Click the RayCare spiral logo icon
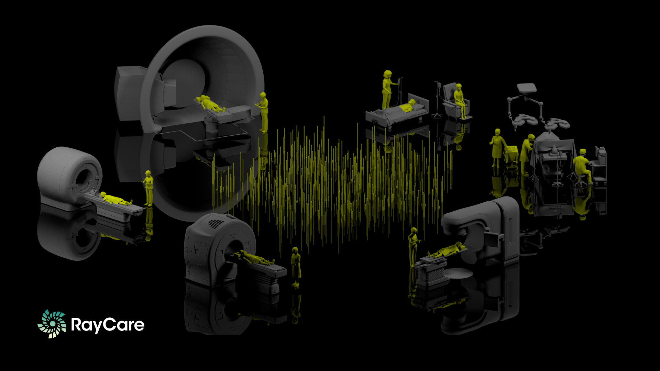[52, 324]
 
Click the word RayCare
[108, 325]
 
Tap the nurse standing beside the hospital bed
[388, 89]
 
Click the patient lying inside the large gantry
[210, 104]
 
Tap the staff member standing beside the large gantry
[263, 112]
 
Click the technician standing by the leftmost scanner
[148, 188]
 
